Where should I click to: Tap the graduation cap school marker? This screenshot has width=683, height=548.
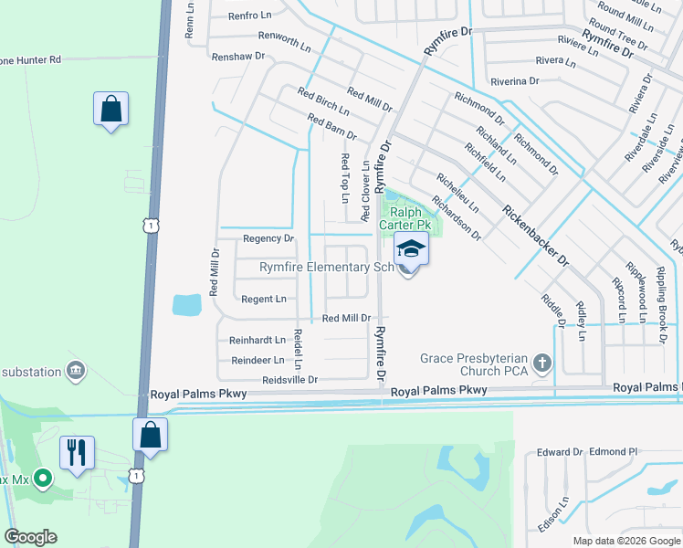click(410, 248)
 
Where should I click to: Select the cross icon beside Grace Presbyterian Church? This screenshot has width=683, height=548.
click(542, 364)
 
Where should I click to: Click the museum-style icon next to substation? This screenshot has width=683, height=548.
click(77, 371)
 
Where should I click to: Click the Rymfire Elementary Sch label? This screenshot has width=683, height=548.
click(326, 268)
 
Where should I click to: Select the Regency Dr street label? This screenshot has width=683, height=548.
click(268, 238)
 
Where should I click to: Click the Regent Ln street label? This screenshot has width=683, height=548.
click(263, 299)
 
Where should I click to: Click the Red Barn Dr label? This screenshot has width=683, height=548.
click(331, 127)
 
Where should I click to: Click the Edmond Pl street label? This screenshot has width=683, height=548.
click(613, 451)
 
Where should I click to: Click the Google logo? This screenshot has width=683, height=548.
click(30, 537)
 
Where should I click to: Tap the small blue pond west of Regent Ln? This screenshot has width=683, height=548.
click(186, 304)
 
